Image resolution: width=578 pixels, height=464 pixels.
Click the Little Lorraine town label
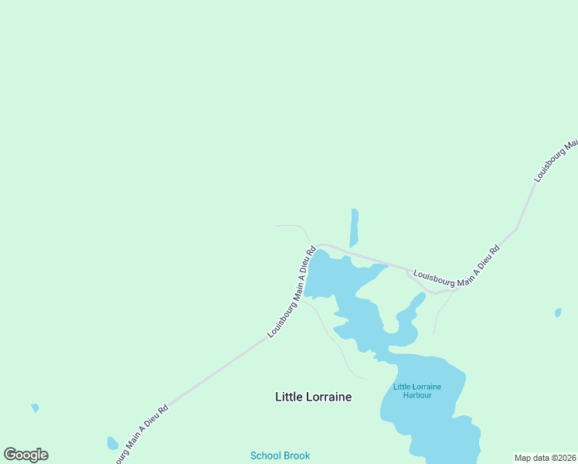[x=313, y=397]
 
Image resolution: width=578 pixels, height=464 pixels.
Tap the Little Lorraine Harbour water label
[x=416, y=391]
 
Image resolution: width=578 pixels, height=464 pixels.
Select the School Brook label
[x=280, y=455]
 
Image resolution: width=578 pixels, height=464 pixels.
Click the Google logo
[x=25, y=455]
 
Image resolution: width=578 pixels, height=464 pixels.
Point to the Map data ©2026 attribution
[x=545, y=458]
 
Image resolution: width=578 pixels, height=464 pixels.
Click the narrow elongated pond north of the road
[x=354, y=227]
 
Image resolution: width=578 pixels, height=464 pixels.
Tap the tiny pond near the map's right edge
[x=558, y=313]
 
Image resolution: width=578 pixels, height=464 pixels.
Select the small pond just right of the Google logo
[x=112, y=443]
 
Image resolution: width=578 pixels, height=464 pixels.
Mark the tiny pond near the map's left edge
[x=35, y=408]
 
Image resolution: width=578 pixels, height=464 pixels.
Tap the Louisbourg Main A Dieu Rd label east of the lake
[x=457, y=268]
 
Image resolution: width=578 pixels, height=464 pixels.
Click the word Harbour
[x=416, y=395]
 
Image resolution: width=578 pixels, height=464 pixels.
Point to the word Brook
[x=297, y=455]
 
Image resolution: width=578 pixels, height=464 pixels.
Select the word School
[x=265, y=455]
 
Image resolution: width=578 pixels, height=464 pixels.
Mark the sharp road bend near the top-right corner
[x=516, y=229]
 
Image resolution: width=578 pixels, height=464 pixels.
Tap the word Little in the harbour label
[x=403, y=386]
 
